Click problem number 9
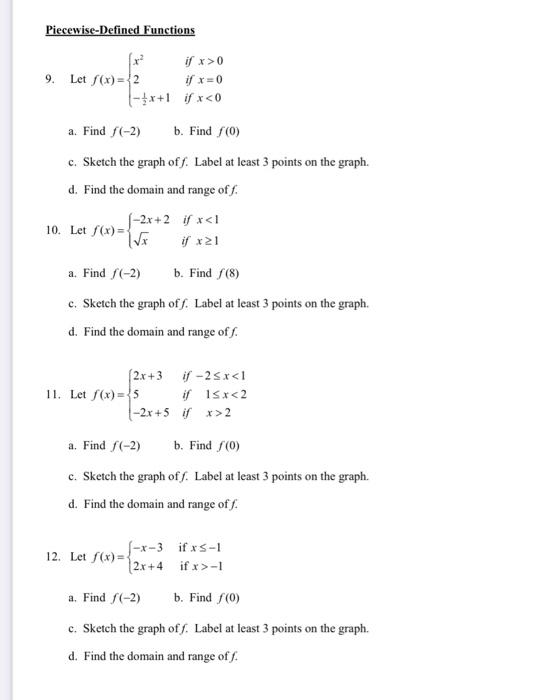click(51, 79)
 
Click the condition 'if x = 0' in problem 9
click(204, 79)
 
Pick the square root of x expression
click(145, 240)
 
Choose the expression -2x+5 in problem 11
click(148, 411)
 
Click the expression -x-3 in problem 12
click(146, 547)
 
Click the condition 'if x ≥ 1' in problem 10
click(203, 240)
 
